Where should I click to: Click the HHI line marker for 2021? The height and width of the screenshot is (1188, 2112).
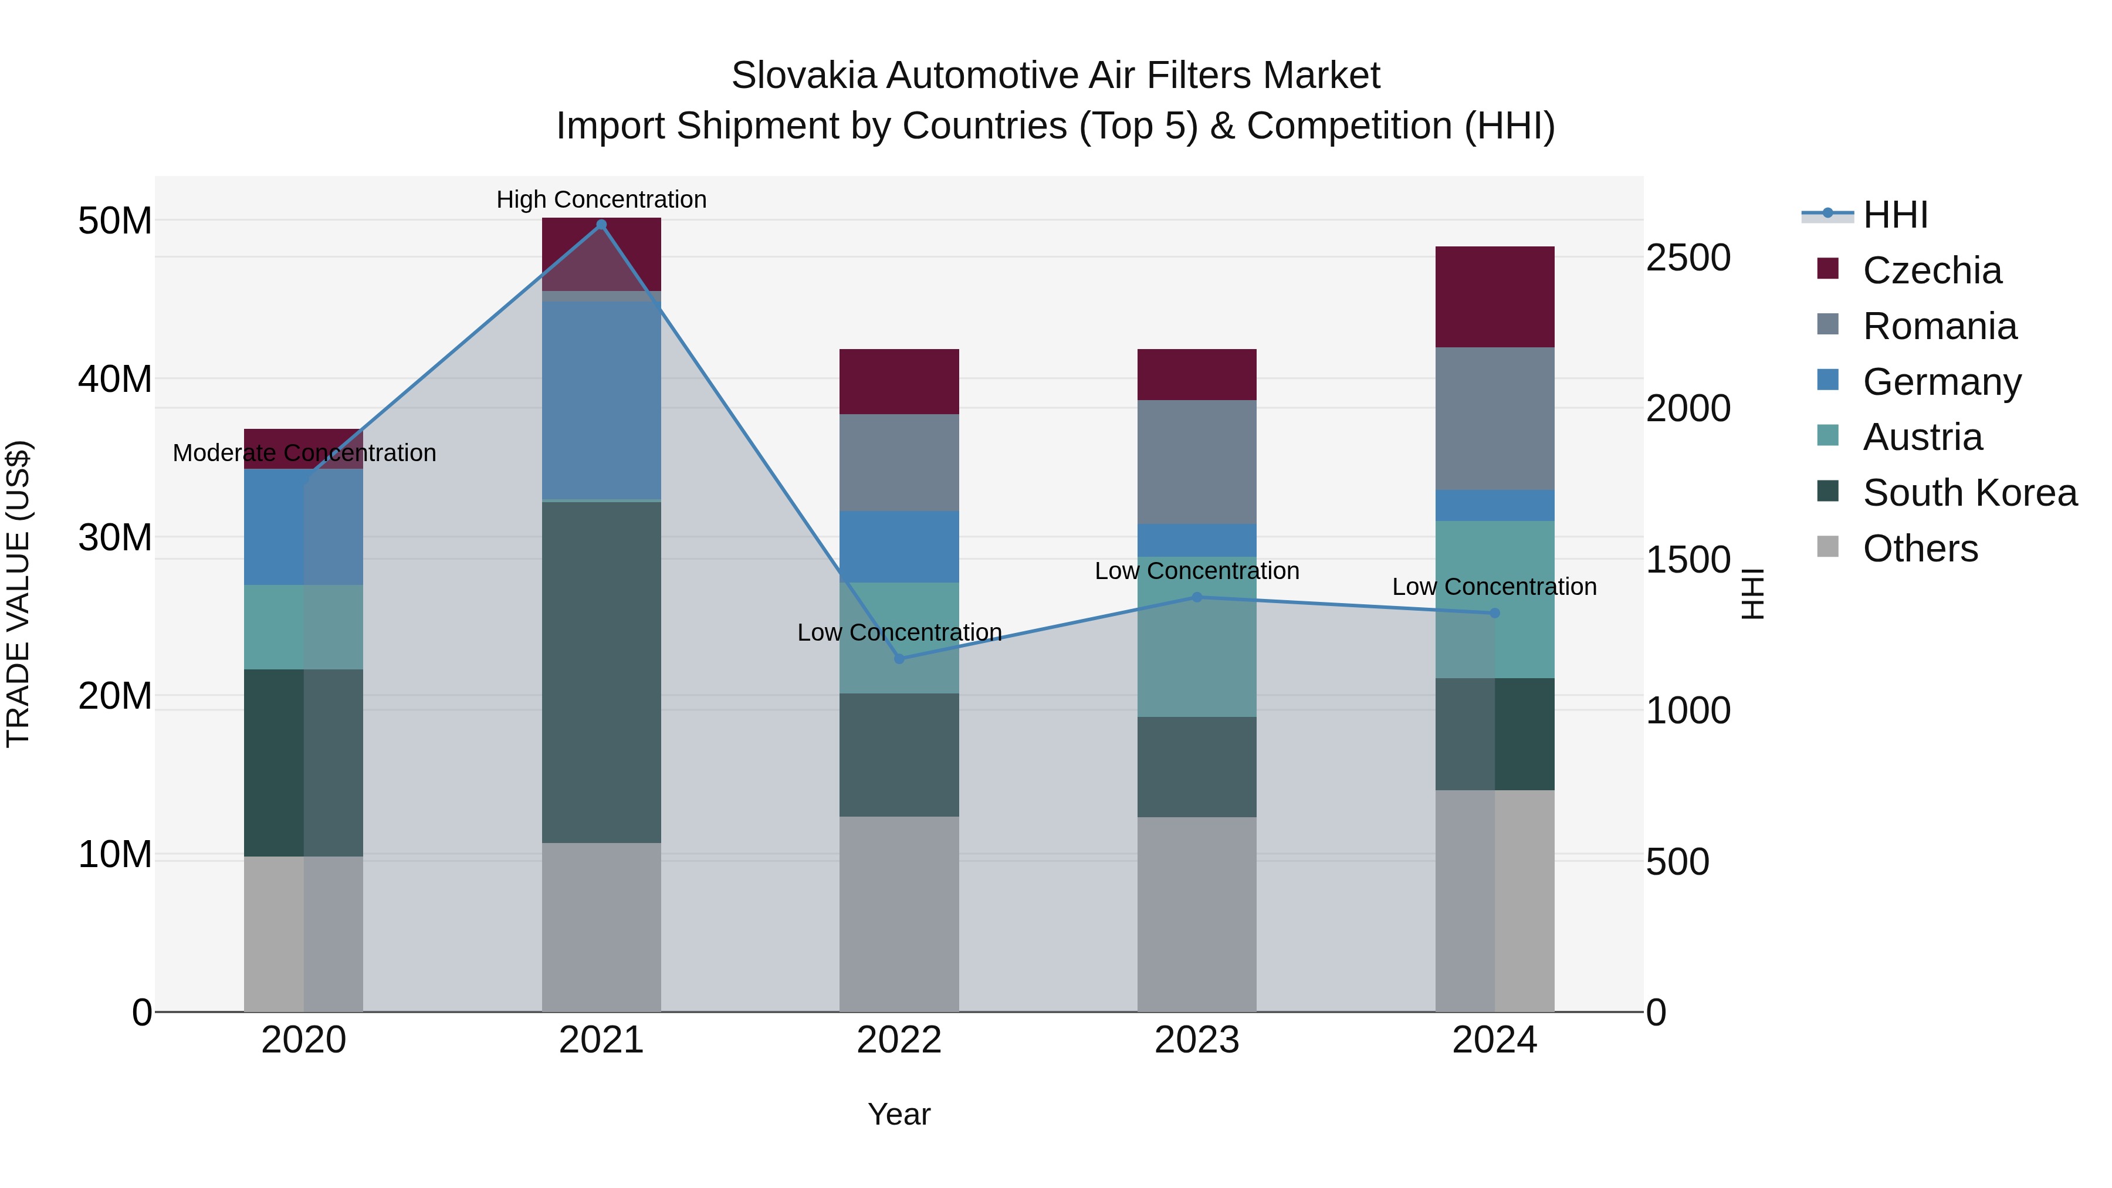pyautogui.click(x=601, y=225)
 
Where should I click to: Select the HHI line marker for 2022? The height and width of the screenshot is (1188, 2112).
pyautogui.click(x=899, y=658)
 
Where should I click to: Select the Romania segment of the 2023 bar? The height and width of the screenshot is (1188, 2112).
pyautogui.click(x=1196, y=462)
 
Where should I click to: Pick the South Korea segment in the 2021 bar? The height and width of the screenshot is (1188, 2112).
pyautogui.click(x=601, y=672)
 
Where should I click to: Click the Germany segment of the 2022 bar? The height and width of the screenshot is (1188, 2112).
pyautogui.click(x=899, y=547)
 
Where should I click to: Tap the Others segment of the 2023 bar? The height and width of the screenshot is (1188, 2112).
pyautogui.click(x=1196, y=914)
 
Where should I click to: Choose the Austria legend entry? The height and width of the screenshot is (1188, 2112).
pyautogui.click(x=1922, y=437)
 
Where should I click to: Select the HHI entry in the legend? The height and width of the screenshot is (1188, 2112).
pyautogui.click(x=1894, y=215)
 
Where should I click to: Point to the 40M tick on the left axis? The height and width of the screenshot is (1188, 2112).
pyautogui.click(x=115, y=380)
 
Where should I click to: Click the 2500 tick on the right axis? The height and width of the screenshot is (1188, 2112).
pyautogui.click(x=1688, y=258)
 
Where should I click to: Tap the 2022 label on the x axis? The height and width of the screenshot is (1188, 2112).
pyautogui.click(x=899, y=1040)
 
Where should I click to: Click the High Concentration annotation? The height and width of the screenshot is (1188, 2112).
pyautogui.click(x=601, y=199)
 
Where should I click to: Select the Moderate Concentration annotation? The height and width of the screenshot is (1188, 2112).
pyautogui.click(x=304, y=452)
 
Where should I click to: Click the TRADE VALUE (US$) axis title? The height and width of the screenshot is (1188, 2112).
pyautogui.click(x=18, y=594)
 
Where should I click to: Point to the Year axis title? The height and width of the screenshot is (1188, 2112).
pyautogui.click(x=899, y=1114)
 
